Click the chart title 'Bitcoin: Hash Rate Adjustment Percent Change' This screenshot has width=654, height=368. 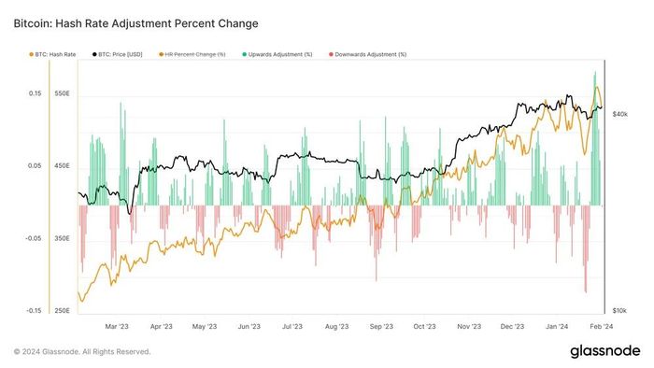tap(136, 23)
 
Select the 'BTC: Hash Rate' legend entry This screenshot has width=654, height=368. tap(52, 54)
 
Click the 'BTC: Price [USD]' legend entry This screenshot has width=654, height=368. tap(117, 54)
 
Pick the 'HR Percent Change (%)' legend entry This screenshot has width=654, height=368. tap(192, 54)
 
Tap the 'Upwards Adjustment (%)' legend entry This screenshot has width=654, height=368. tap(277, 54)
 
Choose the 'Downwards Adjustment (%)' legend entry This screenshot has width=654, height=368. tap(367, 54)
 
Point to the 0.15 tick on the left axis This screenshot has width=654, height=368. tap(36, 93)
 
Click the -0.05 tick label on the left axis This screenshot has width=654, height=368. tap(34, 238)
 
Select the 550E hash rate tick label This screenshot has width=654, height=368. tap(63, 93)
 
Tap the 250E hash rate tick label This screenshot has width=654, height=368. tap(63, 311)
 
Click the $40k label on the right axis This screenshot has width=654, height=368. tap(619, 114)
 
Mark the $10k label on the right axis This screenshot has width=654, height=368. tap(619, 311)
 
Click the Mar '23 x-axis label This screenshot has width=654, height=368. tap(117, 326)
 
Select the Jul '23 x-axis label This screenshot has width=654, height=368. tap(291, 326)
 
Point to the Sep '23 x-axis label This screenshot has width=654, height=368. tap(381, 326)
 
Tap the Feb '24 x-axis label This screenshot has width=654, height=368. tap(602, 326)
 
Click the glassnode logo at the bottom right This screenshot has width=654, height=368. tap(605, 351)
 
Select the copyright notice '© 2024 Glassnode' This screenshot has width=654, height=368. tap(47, 352)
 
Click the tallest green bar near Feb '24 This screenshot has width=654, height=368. tap(595, 138)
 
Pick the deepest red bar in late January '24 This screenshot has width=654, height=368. tap(586, 248)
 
